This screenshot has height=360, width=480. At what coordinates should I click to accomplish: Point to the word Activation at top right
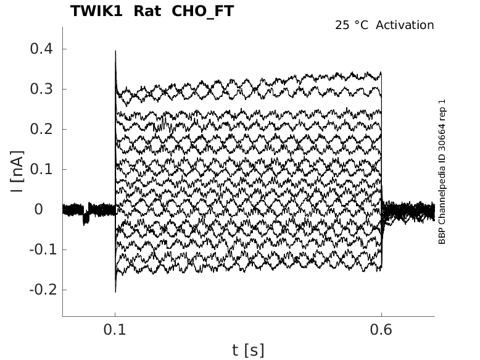point(405,25)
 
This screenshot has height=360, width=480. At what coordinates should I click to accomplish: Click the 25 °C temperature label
point(352,25)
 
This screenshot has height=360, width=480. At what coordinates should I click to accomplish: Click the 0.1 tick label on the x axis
point(115,330)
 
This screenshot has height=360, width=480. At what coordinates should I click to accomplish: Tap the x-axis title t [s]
point(248,350)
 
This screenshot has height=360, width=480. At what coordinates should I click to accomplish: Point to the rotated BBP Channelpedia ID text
point(442,171)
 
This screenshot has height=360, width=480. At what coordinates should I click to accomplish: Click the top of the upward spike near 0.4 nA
point(115,52)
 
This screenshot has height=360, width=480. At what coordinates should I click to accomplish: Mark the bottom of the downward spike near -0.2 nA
point(115,291)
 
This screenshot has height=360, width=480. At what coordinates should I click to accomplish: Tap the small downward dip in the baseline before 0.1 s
point(86,219)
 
